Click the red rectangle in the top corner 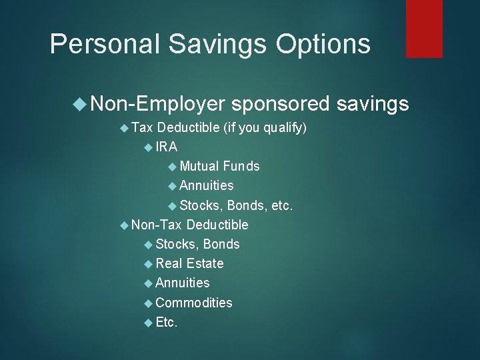pyautogui.click(x=424, y=28)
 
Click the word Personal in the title pyautogui.click(x=102, y=44)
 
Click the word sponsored pyautogui.click(x=281, y=103)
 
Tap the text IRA pyautogui.click(x=167, y=147)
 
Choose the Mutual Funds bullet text pyautogui.click(x=219, y=166)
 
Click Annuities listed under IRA pyautogui.click(x=207, y=185)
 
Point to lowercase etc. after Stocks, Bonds pyautogui.click(x=282, y=205)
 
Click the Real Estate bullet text pyautogui.click(x=189, y=263)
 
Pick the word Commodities pyautogui.click(x=194, y=303)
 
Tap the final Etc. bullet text pyautogui.click(x=167, y=323)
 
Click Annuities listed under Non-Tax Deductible pyautogui.click(x=183, y=283)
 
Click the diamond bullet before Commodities pyautogui.click(x=148, y=303)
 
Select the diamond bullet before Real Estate pyautogui.click(x=148, y=264)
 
